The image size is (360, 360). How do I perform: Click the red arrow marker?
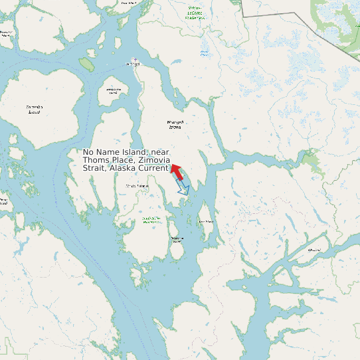[176, 171]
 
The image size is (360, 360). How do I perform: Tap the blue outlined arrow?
[183, 189]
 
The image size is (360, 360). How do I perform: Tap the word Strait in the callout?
[94, 169]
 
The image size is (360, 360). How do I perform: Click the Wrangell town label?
[133, 64]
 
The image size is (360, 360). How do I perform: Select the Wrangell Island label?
[175, 124]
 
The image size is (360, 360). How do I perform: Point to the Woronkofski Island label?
[114, 91]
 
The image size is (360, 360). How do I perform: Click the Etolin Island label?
[137, 186]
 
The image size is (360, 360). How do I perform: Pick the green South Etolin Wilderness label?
[151, 220]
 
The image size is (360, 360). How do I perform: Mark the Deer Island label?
[206, 221]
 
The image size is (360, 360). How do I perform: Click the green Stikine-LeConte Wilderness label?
[195, 13]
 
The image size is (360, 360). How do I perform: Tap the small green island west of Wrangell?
[87, 63]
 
